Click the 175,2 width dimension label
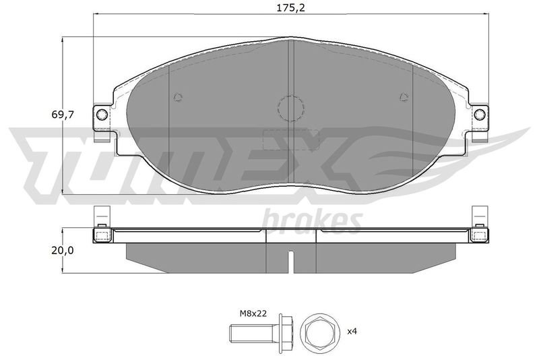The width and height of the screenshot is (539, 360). [x=291, y=7]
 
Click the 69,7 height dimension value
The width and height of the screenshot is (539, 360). [x=63, y=115]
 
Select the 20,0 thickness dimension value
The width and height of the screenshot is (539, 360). [x=63, y=251]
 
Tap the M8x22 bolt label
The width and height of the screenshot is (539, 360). [x=253, y=313]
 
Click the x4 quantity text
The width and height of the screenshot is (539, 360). [x=352, y=332]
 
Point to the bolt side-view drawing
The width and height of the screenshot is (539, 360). [x=261, y=332]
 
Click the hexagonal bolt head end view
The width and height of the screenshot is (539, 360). [x=319, y=332]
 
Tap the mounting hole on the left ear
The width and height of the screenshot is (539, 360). [x=102, y=114]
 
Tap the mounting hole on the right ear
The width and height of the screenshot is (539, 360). [x=480, y=114]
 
